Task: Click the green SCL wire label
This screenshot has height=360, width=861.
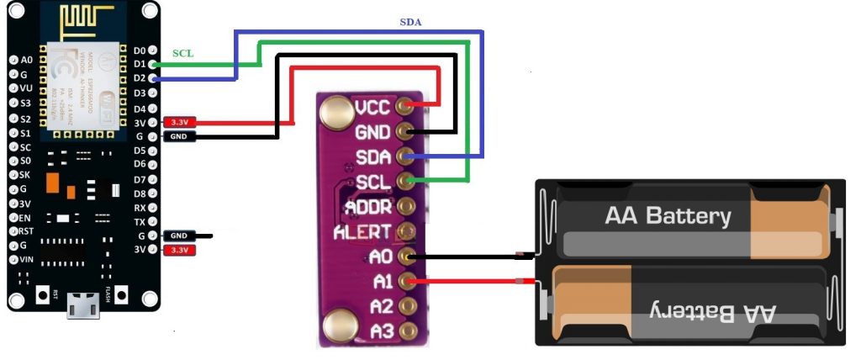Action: (182, 53)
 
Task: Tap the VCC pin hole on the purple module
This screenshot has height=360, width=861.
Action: (408, 106)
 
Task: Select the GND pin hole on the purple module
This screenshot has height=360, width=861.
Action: (408, 131)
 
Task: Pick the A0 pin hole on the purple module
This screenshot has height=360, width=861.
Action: (408, 256)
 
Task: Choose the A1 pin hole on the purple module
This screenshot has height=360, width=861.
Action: (408, 280)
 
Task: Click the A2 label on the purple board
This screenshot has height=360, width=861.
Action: (381, 305)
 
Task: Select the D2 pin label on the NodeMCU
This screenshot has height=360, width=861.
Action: (140, 78)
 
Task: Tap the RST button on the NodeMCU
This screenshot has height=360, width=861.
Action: (42, 295)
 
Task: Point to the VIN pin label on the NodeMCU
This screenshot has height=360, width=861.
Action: (25, 259)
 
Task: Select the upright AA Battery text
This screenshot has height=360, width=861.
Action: (668, 216)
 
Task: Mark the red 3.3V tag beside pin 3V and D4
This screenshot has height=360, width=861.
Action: (179, 122)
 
